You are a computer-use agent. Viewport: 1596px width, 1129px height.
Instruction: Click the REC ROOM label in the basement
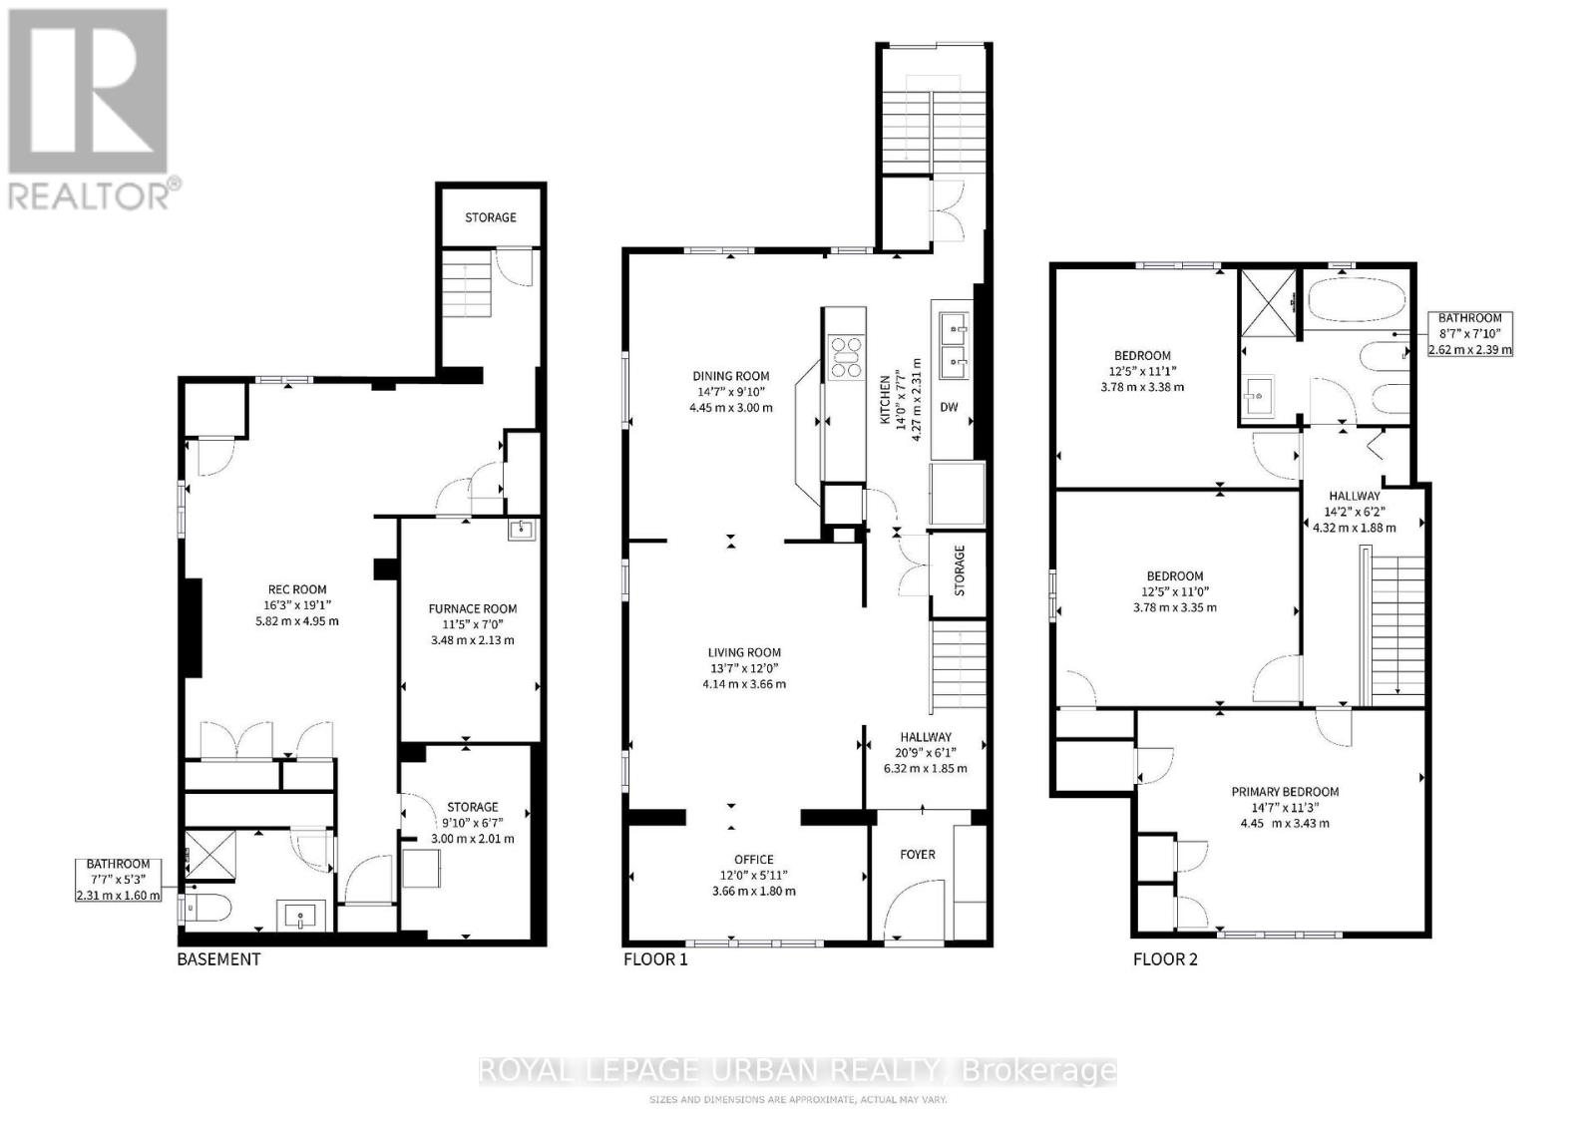click(x=296, y=589)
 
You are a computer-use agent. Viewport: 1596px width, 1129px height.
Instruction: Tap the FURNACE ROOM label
click(x=473, y=608)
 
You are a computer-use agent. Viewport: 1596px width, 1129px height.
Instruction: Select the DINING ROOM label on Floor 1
click(x=730, y=376)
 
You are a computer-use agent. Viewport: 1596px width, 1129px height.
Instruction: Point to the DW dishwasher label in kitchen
click(x=949, y=407)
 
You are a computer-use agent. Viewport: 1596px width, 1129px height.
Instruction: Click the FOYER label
click(x=918, y=854)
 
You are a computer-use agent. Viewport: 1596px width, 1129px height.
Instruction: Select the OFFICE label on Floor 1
click(x=753, y=860)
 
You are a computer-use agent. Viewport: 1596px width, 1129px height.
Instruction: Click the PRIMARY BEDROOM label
click(x=1284, y=792)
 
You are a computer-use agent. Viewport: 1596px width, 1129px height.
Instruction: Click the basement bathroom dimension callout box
click(x=118, y=880)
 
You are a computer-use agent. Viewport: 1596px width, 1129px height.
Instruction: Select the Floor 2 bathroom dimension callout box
click(x=1469, y=334)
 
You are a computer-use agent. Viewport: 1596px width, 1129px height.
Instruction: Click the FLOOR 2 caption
click(x=1165, y=959)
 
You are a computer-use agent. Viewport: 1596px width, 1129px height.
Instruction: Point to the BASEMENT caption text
click(x=218, y=959)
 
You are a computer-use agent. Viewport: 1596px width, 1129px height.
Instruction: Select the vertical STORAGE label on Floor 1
click(x=960, y=570)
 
